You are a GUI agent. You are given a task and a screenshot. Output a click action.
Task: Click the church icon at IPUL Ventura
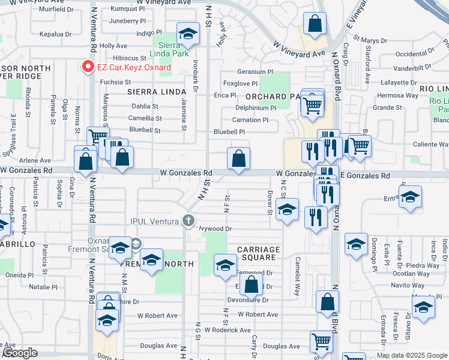(x=189, y=220)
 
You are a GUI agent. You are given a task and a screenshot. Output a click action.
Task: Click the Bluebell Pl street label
(x=229, y=132)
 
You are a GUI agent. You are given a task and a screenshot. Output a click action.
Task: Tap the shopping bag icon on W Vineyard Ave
(x=315, y=25)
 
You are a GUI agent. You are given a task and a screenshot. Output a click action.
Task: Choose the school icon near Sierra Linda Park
(x=188, y=35)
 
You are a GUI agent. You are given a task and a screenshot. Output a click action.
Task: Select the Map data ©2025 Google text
(x=411, y=355)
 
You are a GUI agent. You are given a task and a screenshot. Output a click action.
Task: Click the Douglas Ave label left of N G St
(x=159, y=346)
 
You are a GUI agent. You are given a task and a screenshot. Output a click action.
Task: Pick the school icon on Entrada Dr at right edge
(x=410, y=197)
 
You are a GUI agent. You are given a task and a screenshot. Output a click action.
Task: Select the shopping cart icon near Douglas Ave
(x=321, y=342)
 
